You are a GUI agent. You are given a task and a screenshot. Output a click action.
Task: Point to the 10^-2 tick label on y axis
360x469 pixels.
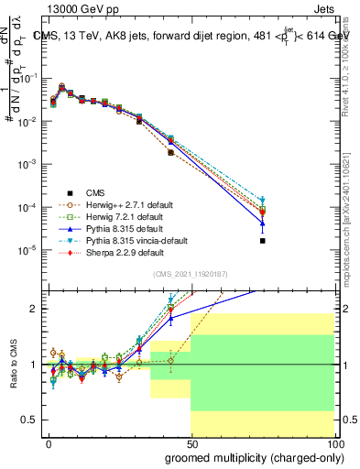point(27,121)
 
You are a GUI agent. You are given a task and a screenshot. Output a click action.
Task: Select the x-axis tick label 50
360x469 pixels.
point(191,442)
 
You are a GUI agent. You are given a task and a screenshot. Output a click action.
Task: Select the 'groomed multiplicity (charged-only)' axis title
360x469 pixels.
point(249,457)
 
